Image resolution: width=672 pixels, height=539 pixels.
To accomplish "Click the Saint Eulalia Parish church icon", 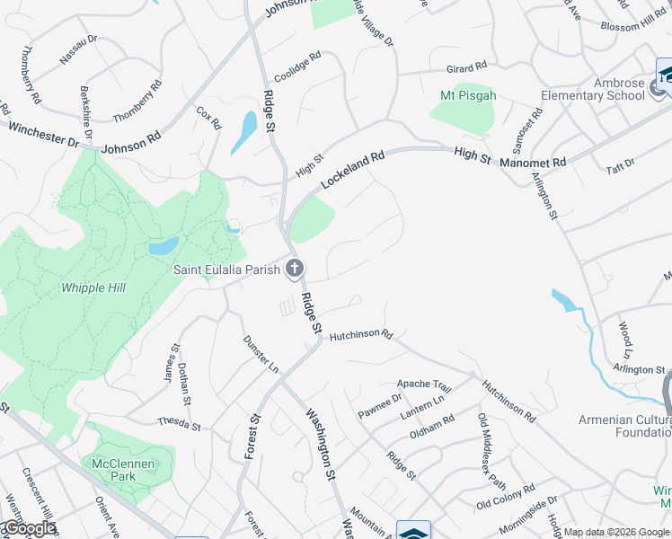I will click(294, 268).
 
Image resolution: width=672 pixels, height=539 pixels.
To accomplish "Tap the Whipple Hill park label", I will click(93, 288).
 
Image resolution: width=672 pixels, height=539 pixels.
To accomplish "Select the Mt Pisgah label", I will click(468, 96).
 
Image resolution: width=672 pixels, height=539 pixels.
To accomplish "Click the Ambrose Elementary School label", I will click(593, 89).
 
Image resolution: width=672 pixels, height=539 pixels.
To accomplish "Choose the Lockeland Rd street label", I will click(352, 168).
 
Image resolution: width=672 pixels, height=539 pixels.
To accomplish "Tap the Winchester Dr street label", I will click(42, 135).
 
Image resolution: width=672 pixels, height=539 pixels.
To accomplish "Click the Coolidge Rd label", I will click(297, 68).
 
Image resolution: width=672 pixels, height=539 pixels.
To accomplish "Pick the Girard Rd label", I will click(466, 67).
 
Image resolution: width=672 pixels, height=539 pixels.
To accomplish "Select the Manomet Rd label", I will click(535, 162).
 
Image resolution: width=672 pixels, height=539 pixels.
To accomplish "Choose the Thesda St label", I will click(177, 421).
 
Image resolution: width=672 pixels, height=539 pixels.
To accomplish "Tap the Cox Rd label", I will click(208, 119).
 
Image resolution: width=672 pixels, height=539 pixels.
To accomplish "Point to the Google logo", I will click(29, 528).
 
